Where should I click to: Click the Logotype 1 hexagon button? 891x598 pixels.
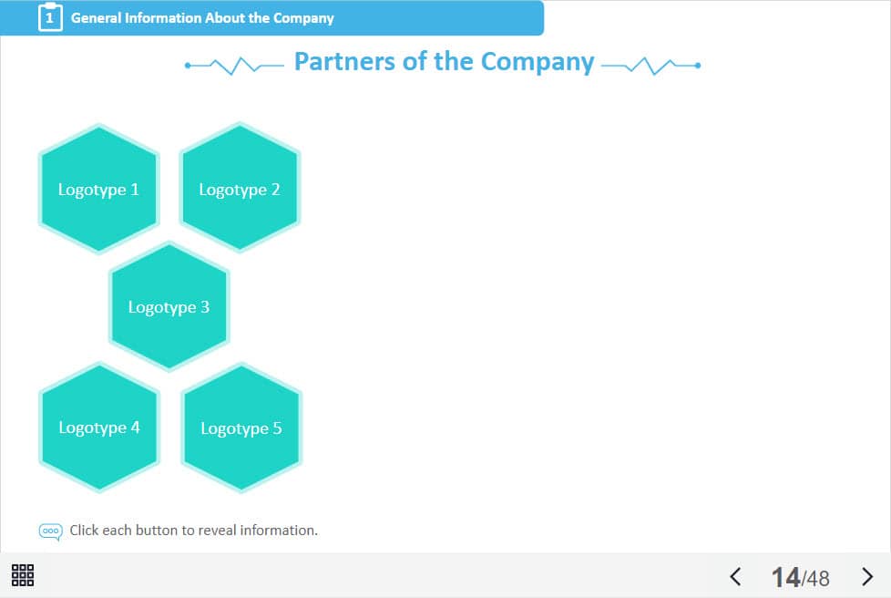pyautogui.click(x=98, y=189)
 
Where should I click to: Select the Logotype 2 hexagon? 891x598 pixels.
pyautogui.click(x=240, y=189)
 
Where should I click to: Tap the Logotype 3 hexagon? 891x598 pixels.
pyautogui.click(x=169, y=306)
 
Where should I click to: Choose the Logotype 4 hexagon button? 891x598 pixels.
pyautogui.click(x=99, y=427)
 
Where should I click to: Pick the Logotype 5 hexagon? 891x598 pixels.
pyautogui.click(x=241, y=428)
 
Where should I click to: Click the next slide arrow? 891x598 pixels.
pyautogui.click(x=867, y=576)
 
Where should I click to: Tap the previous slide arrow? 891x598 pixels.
pyautogui.click(x=736, y=576)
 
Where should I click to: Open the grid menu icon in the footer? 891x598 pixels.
pyautogui.click(x=23, y=575)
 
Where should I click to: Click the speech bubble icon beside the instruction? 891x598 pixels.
pyautogui.click(x=51, y=531)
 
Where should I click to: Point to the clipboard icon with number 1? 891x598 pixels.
pyautogui.click(x=50, y=17)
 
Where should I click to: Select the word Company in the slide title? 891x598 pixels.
pyautogui.click(x=538, y=62)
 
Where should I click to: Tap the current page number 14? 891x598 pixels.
pyautogui.click(x=785, y=577)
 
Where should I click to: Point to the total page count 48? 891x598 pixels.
pyautogui.click(x=818, y=578)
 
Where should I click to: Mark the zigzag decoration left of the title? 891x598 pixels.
pyautogui.click(x=234, y=65)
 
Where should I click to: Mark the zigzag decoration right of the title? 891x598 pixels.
pyautogui.click(x=650, y=65)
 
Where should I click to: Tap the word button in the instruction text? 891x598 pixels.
pyautogui.click(x=156, y=530)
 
